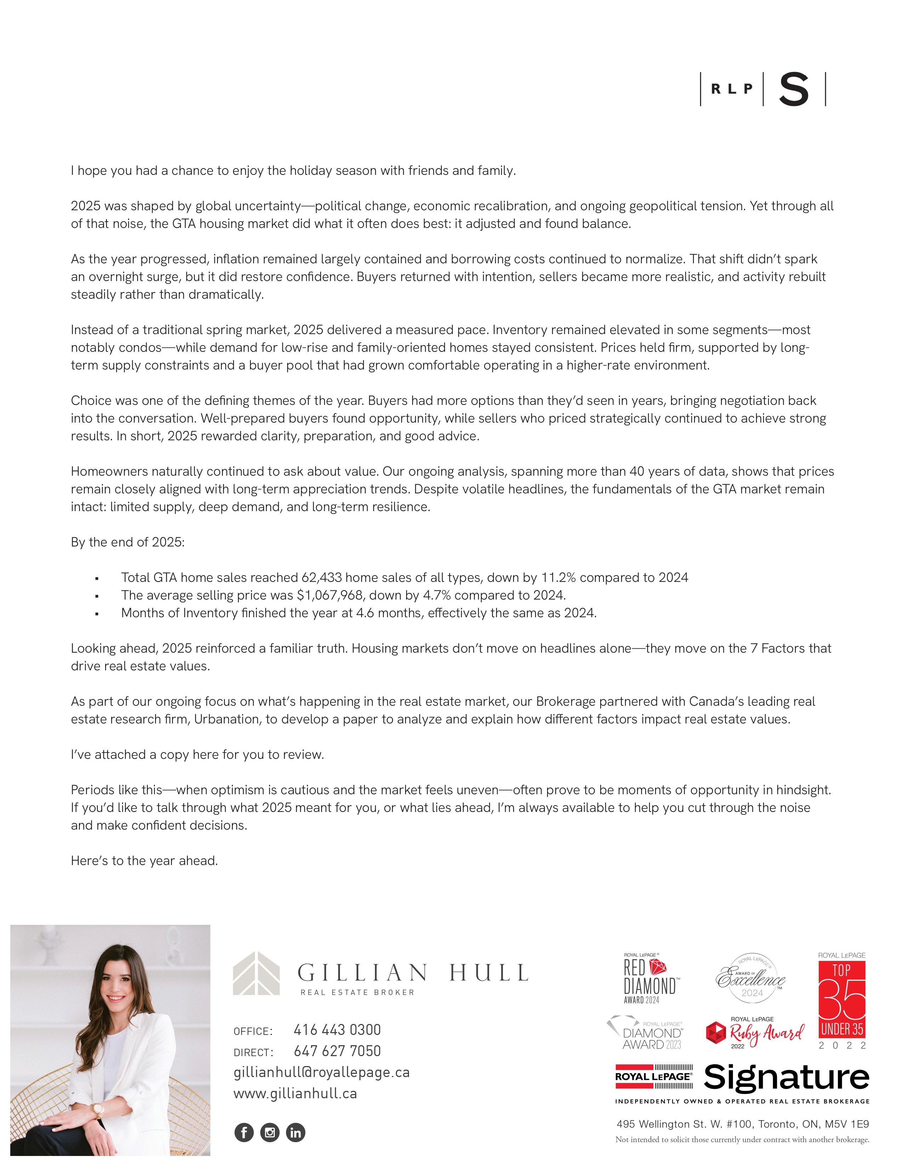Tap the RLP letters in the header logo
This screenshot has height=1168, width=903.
tap(732, 89)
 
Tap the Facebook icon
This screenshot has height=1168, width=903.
tap(244, 1132)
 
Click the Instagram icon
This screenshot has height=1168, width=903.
tap(269, 1132)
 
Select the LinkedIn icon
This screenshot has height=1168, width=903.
tap(295, 1132)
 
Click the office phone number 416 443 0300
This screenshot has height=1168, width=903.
tap(337, 1030)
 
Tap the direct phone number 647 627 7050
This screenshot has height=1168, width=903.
tap(337, 1052)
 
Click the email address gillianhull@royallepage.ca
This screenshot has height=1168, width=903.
tap(322, 1072)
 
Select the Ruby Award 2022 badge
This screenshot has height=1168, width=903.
tap(755, 1033)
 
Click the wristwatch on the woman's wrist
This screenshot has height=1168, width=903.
tap(98, 1110)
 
